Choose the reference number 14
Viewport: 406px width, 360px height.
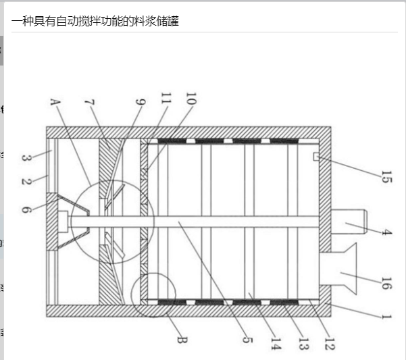tap(275, 343)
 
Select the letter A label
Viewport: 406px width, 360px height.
tap(55, 103)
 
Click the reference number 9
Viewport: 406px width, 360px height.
tap(140, 103)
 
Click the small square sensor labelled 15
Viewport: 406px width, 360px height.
tap(317, 157)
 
